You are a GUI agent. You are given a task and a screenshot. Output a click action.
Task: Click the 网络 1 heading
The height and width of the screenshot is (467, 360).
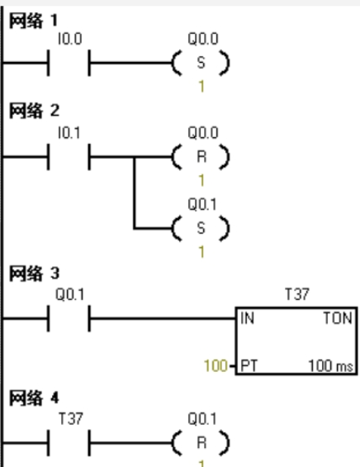coord(33,21)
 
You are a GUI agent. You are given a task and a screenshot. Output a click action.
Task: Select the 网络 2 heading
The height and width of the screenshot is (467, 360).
coord(34,111)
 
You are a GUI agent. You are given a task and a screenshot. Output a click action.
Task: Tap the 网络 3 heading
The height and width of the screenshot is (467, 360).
coord(34,273)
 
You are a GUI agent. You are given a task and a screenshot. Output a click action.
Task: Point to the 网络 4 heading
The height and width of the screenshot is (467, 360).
coord(34,398)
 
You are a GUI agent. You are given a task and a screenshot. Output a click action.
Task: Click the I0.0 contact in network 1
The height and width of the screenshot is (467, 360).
coord(69,63)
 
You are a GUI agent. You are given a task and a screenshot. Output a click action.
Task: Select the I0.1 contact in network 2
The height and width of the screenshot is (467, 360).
coord(69,157)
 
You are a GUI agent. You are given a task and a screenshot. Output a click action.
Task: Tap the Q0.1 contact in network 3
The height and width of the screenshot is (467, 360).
coord(69,318)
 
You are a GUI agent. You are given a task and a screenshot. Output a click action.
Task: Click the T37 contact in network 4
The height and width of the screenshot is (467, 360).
coord(69,443)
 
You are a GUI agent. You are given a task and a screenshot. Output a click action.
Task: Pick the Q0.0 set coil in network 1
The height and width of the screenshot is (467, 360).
coord(201,63)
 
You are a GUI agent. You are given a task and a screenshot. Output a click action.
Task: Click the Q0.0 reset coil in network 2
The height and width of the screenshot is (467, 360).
coord(201,157)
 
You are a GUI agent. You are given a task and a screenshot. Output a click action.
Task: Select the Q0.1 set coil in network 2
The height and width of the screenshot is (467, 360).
coord(201,228)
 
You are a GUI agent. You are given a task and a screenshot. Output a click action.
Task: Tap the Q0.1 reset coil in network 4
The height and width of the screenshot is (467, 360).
coord(201,443)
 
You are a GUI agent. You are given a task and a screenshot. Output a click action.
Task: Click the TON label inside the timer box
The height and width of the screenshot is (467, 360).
coord(338,318)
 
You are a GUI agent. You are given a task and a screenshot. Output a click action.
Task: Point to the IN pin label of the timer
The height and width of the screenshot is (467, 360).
coord(247,318)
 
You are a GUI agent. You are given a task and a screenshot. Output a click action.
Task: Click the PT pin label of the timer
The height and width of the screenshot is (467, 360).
coord(249,365)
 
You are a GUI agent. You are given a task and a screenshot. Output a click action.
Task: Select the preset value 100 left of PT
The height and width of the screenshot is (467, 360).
coord(216,365)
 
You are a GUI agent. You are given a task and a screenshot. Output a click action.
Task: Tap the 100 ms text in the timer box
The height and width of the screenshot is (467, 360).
coord(330,365)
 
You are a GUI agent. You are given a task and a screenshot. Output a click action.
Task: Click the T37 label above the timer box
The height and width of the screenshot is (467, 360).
coord(297,294)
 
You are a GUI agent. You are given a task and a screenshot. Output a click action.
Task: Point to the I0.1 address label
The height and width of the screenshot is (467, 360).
coord(69,133)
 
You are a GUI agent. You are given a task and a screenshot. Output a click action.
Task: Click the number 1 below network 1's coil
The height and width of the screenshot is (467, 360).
coord(201,87)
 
